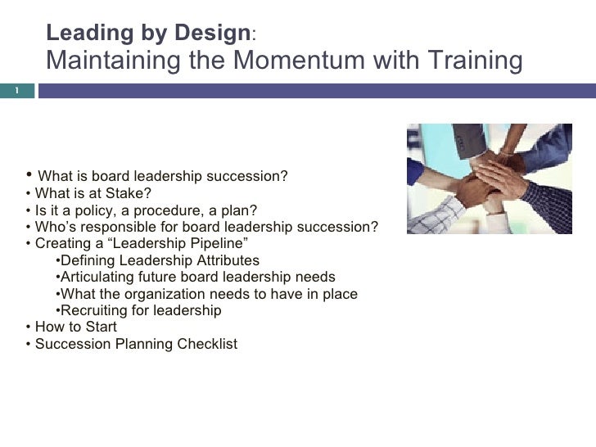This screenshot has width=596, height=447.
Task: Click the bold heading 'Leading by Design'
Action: coord(149,34)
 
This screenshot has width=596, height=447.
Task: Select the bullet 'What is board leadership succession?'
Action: coord(163,177)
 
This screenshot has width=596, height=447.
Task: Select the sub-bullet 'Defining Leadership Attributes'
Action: coord(160,261)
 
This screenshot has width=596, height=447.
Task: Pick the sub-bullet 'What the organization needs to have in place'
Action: coord(209,294)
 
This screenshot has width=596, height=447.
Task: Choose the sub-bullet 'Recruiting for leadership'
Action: coord(141,310)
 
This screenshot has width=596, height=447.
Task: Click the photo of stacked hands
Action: coord(489,178)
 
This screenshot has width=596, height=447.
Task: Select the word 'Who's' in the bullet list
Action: coord(55,227)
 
